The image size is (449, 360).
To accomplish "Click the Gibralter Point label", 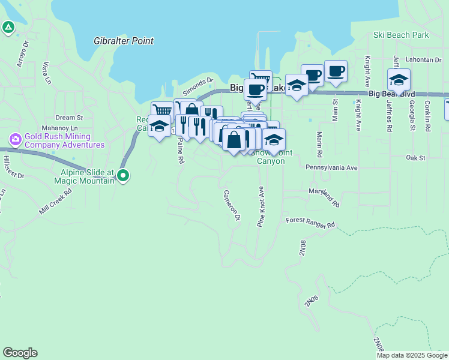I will pos(124,41).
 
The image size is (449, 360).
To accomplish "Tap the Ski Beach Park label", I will pos(401,35).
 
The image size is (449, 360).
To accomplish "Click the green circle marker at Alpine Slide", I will pos(124,176).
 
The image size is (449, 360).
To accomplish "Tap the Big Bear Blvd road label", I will pos(391,94).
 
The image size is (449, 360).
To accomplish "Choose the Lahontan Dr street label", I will pos(422,59).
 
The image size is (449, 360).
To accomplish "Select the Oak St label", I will pos(415,158).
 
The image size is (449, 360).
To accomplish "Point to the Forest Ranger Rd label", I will pos(310,223).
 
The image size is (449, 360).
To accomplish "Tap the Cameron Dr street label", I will pos(232,205).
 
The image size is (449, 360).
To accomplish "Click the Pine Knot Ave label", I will pos(261,206).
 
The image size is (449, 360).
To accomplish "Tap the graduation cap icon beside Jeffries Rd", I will pos(399,79).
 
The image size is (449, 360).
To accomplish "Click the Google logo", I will pos(20,353).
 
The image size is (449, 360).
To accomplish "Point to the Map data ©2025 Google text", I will pos(412,355).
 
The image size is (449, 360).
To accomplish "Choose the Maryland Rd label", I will pos(324,196).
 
